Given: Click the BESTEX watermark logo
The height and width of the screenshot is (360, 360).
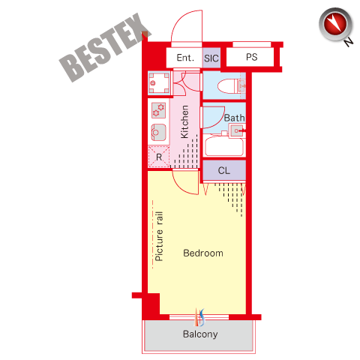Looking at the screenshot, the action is click(x=105, y=47).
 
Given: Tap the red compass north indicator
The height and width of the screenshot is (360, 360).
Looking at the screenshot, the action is click(x=335, y=25).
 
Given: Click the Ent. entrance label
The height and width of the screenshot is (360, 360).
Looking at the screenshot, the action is click(x=185, y=58).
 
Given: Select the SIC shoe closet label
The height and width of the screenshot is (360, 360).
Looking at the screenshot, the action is click(x=211, y=58).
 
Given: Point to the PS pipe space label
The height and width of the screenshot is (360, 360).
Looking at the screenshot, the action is click(x=251, y=57).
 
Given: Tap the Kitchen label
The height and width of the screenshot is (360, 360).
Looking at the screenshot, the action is click(x=184, y=121).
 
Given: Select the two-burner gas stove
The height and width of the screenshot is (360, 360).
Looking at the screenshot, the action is click(x=159, y=110).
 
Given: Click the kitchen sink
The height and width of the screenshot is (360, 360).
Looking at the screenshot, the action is click(x=158, y=132).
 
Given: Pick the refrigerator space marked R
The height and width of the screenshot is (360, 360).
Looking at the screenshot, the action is click(x=159, y=157).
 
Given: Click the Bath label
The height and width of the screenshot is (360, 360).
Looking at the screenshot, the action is click(x=234, y=118).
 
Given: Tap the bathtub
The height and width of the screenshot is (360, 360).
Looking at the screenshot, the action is click(x=224, y=147).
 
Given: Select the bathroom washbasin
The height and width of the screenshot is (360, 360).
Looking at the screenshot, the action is click(x=236, y=130).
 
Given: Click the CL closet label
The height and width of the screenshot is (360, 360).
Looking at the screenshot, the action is click(x=223, y=171).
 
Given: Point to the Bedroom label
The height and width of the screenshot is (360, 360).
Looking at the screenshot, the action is click(x=203, y=253).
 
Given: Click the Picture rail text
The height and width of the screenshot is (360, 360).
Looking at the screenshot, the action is click(x=159, y=236).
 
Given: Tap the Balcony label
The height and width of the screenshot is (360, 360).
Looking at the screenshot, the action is click(x=200, y=334).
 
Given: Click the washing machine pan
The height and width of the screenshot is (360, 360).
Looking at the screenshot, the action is click(x=159, y=83).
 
